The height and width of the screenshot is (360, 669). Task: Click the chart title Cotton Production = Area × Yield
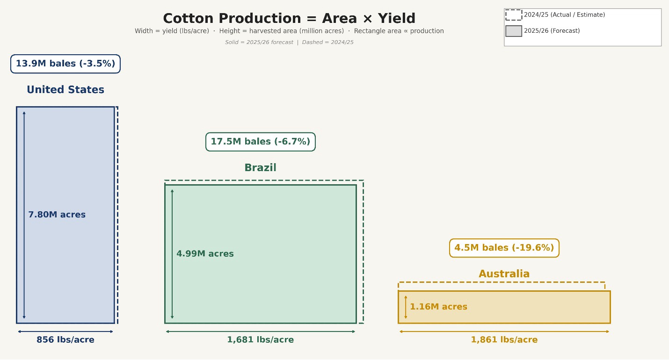[x=289, y=18]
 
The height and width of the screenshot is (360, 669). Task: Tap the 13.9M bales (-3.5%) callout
[x=65, y=64]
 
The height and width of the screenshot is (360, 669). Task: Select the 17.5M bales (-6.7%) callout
[x=261, y=142]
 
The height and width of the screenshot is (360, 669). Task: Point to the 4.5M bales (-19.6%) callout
[x=504, y=248]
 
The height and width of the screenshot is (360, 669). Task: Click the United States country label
[x=65, y=90]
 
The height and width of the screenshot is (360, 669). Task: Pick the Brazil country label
[x=261, y=167]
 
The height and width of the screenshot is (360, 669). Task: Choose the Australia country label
[x=504, y=274]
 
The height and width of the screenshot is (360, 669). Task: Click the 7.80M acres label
[x=57, y=215]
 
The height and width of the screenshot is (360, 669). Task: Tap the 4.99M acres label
[x=205, y=254]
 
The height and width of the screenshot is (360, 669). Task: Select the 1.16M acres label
[x=438, y=307]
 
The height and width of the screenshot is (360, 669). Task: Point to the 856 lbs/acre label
[x=65, y=340]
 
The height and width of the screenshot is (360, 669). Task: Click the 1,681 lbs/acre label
[x=261, y=340]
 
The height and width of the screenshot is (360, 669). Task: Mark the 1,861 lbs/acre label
[x=504, y=340]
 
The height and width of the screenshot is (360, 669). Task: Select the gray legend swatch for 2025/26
[x=514, y=31]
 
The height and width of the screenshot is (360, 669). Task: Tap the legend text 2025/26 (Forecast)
[x=552, y=31]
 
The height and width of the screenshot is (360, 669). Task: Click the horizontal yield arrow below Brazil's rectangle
[x=261, y=331]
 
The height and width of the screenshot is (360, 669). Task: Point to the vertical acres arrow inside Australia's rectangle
[x=406, y=307]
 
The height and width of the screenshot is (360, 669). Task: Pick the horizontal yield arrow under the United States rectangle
[x=65, y=331]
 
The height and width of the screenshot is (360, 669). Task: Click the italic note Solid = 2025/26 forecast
[x=259, y=43]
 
